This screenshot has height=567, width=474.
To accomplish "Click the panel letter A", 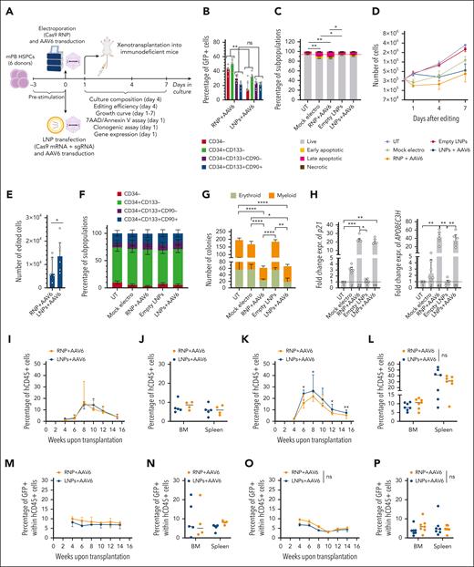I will (7, 7).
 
